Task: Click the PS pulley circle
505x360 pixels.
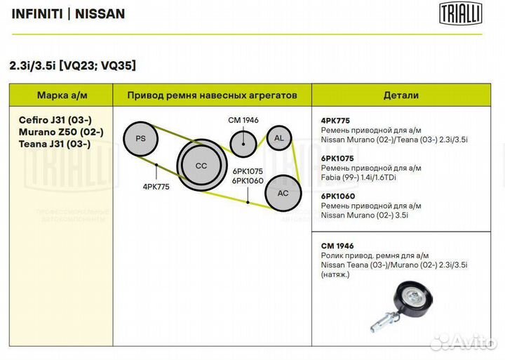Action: (x=141, y=139)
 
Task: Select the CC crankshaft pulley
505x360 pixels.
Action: (x=202, y=165)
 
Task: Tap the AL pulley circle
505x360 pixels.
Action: (x=279, y=138)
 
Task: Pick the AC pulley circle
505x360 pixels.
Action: (x=283, y=193)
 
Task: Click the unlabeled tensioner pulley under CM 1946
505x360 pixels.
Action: (x=243, y=144)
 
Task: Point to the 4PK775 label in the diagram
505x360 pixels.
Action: (x=156, y=187)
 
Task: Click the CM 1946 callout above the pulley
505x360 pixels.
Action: (x=243, y=120)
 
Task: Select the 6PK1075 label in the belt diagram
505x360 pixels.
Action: (x=248, y=171)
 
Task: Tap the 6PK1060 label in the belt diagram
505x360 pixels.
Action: (x=248, y=181)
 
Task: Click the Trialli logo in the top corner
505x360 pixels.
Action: (x=461, y=13)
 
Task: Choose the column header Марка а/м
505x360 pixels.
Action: (x=62, y=95)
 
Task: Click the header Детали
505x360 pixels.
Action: (x=401, y=95)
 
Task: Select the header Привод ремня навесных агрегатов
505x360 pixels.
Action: (x=213, y=95)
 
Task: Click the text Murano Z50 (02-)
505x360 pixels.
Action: (x=61, y=132)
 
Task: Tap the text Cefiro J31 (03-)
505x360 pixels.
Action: (x=55, y=120)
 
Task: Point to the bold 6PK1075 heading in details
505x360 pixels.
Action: (x=337, y=158)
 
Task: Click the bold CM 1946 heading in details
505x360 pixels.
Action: (x=337, y=246)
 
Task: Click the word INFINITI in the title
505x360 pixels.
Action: (x=37, y=14)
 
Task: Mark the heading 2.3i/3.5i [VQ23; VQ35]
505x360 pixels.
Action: (x=72, y=65)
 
